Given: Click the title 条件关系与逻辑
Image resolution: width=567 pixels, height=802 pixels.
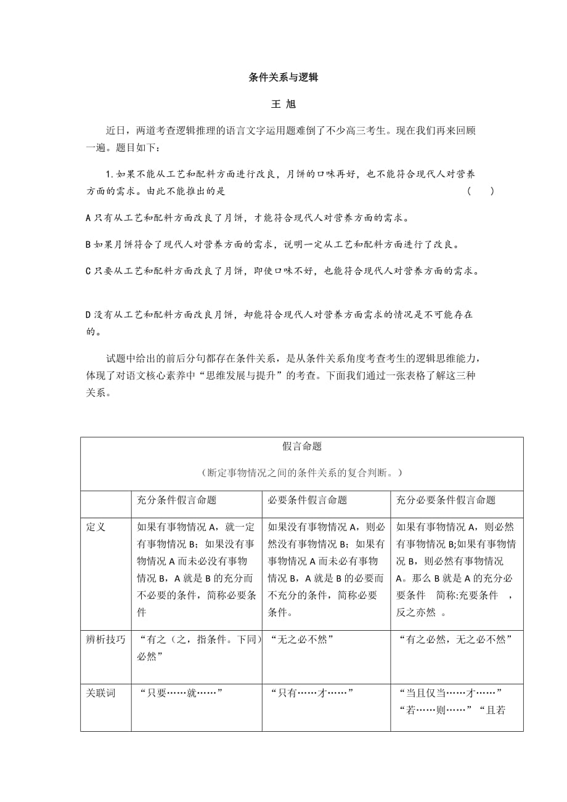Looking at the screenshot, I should click(x=283, y=78).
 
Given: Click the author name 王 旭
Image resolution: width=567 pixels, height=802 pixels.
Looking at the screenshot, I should click(x=283, y=105).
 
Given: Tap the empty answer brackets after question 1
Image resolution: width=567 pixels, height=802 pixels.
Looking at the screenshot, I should click(x=480, y=191).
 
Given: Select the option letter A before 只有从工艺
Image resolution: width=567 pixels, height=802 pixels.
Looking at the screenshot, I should click(x=88, y=218).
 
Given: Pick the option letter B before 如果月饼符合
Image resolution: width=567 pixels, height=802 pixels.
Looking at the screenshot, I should click(x=88, y=245).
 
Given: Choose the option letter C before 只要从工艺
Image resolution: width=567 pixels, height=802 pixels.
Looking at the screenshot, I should click(x=88, y=271).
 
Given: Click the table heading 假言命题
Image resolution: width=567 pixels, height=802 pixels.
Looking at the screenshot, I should click(x=301, y=446).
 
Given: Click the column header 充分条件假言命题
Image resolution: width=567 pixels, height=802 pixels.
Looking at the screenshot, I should click(x=176, y=500).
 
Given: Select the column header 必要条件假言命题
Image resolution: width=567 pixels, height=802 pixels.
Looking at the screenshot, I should click(x=307, y=500).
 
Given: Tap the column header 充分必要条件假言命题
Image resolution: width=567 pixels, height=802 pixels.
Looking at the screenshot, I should click(x=446, y=500).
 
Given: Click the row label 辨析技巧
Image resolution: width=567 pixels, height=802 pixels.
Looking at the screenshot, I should click(x=105, y=639).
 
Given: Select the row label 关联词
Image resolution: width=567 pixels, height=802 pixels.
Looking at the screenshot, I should click(x=100, y=693).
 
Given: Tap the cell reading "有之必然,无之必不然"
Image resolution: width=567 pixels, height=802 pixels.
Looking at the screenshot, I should click(x=455, y=639).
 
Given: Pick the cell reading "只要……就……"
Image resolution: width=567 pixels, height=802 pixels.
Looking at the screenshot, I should click(x=181, y=693).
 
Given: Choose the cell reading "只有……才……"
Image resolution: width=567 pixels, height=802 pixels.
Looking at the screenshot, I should click(x=311, y=693).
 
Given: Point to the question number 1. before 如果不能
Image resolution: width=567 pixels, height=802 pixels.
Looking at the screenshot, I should click(x=110, y=174).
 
